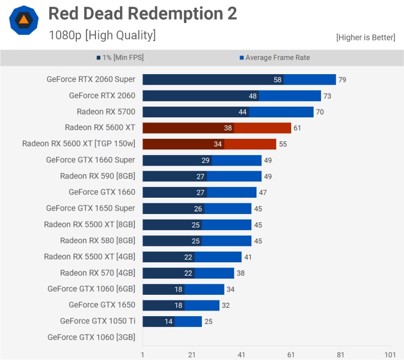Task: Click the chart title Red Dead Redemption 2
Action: (x=143, y=13)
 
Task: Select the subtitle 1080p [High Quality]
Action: (x=102, y=35)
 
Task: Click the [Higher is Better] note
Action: (x=365, y=38)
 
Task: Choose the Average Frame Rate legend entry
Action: (x=274, y=57)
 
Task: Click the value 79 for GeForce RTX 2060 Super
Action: (x=342, y=80)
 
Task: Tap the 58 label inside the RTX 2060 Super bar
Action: (x=277, y=80)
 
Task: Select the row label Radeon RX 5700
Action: (x=105, y=112)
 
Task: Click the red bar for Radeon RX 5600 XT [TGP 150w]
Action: (x=209, y=144)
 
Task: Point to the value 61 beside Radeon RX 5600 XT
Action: (x=297, y=128)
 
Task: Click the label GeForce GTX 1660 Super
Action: (x=90, y=160)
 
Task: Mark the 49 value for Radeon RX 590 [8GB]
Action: (x=268, y=176)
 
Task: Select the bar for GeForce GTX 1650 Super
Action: (x=196, y=208)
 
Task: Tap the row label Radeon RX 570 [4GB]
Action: (x=97, y=273)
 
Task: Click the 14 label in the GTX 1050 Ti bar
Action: (x=168, y=321)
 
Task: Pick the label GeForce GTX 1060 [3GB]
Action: (x=91, y=338)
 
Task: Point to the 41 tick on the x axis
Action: (x=241, y=354)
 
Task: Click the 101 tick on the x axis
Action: (x=389, y=354)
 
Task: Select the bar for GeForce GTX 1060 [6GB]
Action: (x=183, y=289)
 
